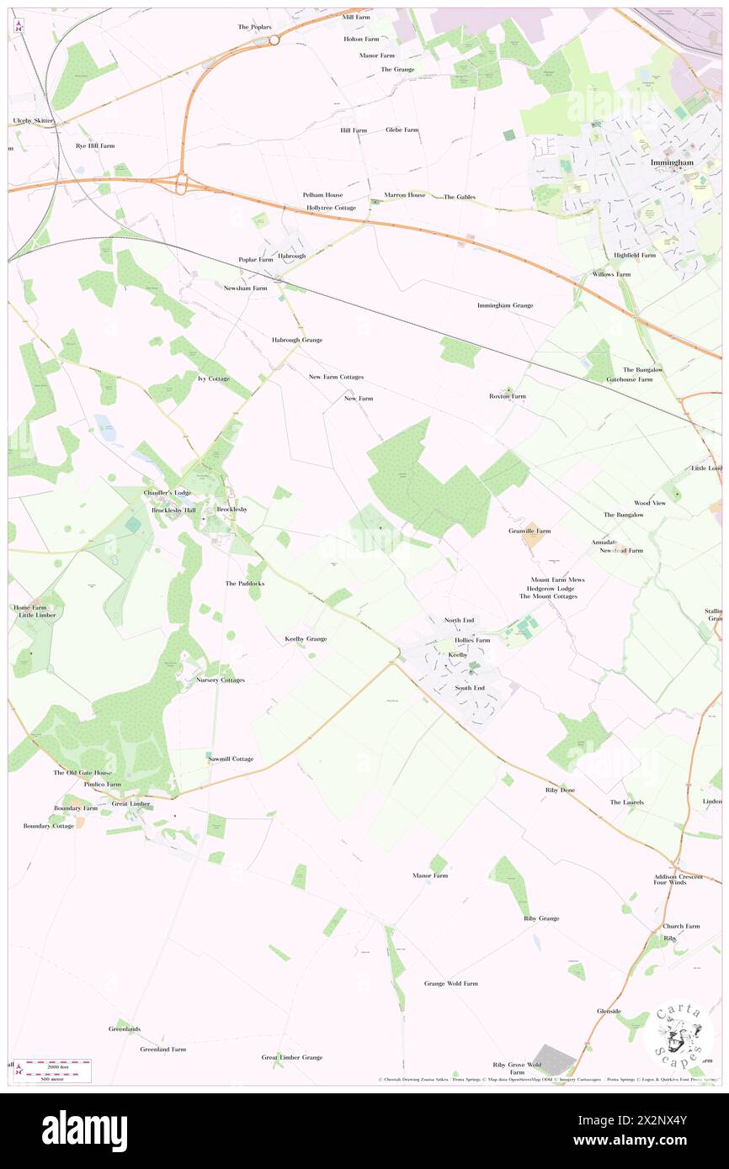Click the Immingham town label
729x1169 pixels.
671,162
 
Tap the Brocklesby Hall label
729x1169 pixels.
173,510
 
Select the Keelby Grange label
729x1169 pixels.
306,639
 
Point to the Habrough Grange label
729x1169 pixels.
296,340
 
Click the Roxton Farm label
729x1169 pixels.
508,396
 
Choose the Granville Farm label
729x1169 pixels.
529,532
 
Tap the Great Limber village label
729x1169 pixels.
131,804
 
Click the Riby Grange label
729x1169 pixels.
541,918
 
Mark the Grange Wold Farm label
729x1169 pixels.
450,983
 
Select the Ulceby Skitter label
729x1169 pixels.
33,121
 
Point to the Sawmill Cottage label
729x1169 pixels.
231,759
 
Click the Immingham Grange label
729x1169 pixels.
505,305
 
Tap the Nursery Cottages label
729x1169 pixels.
221,680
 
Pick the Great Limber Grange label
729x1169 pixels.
291,1057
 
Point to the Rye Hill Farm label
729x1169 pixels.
89,145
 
